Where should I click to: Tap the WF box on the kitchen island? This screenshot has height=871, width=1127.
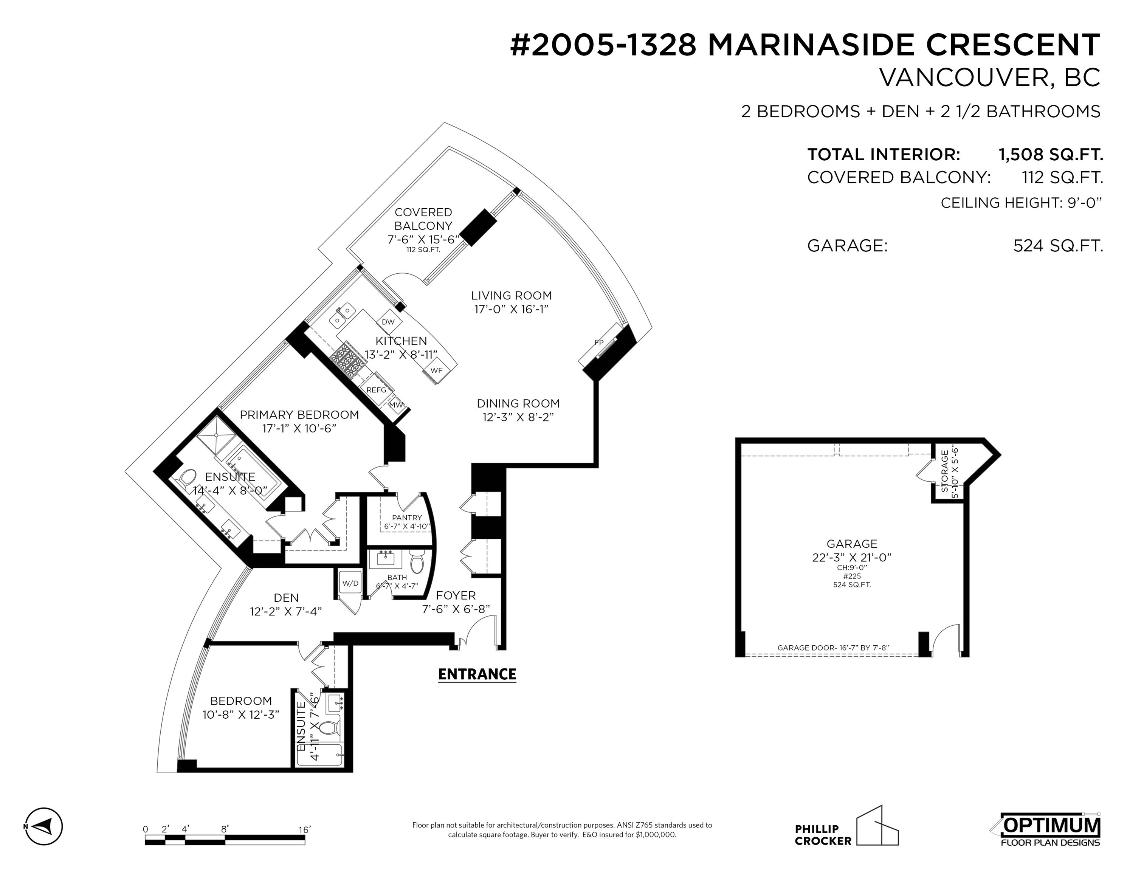pos(436,370)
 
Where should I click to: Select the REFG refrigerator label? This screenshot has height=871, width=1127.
pos(376,390)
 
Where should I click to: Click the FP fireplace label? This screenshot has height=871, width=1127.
pos(598,342)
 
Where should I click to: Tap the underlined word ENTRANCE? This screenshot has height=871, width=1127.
pos(477,674)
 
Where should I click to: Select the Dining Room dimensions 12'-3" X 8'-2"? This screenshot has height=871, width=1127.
pos(518,417)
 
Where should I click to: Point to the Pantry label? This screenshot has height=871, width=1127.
pos(407,518)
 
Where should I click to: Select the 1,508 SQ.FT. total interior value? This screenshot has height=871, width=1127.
pos(1051,154)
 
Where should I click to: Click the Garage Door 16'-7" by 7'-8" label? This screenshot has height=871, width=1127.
pos(833,648)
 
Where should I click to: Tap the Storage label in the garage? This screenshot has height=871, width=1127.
pos(945,471)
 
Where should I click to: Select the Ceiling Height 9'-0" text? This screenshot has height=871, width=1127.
pos(1021,203)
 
